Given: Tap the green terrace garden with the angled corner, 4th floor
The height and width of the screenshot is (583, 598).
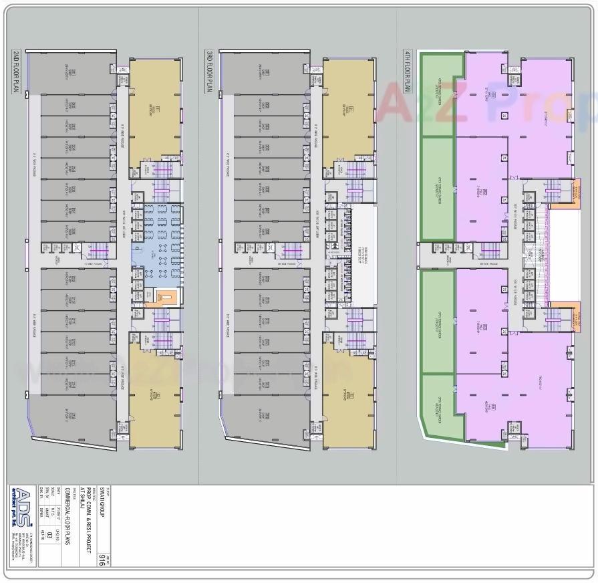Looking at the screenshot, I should tap(440, 408).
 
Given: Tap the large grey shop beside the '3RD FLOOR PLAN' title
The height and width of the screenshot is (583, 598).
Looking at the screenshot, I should tap(261, 70).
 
